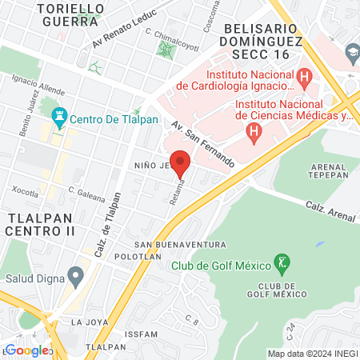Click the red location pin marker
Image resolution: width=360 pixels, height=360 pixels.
(x=180, y=162)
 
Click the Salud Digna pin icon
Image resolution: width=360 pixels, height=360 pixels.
(x=75, y=278)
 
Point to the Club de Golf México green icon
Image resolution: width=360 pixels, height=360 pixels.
(x=282, y=262)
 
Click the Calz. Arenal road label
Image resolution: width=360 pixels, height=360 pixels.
(x=327, y=209)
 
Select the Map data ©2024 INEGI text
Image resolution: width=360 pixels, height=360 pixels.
(x=312, y=353)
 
